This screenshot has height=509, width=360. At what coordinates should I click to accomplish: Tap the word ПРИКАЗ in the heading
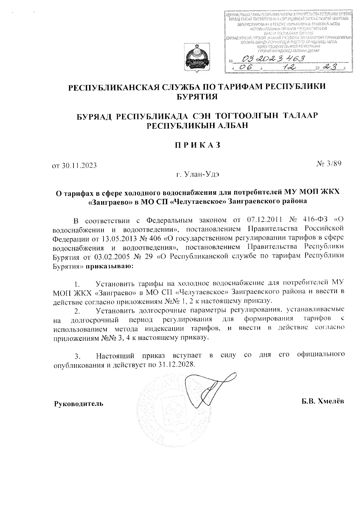click(x=198, y=145)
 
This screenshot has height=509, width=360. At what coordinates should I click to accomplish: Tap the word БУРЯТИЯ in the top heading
click(x=198, y=96)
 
